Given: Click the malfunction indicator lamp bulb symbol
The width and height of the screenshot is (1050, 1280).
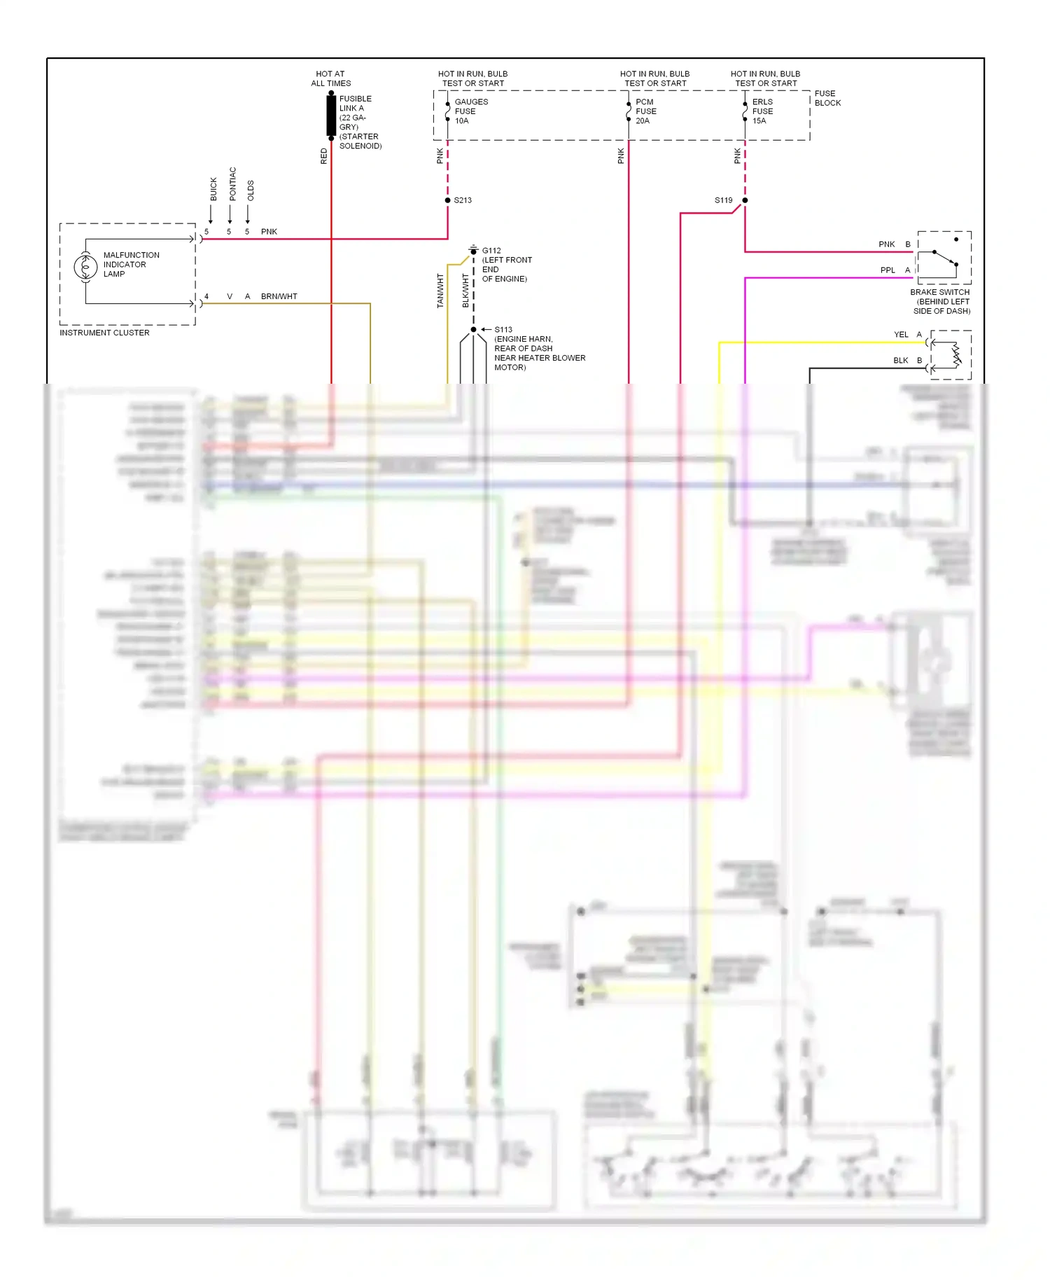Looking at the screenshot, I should click(85, 267).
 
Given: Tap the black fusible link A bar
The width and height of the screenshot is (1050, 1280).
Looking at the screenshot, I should click(331, 115).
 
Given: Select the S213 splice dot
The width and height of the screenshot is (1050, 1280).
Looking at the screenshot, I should click(448, 200).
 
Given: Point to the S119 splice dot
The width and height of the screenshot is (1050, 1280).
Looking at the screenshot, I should click(745, 200).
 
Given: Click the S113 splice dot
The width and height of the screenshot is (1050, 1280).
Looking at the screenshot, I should click(474, 329).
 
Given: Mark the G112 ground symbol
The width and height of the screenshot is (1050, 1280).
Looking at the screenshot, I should click(474, 249).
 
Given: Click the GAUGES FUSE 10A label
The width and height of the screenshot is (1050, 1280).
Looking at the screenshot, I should click(471, 111).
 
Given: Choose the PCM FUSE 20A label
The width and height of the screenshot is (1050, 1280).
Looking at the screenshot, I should click(645, 111).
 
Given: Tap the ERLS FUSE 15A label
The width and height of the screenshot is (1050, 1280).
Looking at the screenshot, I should click(762, 111).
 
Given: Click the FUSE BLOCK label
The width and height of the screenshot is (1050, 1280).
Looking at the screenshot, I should click(827, 98).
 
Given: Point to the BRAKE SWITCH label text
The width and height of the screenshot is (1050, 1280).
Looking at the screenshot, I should click(940, 292).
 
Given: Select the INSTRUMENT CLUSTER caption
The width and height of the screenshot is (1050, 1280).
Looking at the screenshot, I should click(104, 333).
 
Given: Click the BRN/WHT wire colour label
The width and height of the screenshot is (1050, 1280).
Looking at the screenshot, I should click(279, 297).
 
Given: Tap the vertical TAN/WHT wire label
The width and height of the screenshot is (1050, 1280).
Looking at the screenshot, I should click(440, 291).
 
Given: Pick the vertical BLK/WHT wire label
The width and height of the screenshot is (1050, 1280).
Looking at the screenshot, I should click(465, 291).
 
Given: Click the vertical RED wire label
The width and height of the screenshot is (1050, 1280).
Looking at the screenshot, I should click(323, 156).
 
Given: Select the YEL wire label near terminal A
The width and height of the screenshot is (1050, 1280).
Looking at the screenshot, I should click(901, 335).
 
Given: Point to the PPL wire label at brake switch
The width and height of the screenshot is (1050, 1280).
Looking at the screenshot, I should click(888, 270).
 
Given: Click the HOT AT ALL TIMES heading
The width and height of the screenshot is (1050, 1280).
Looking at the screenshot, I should click(330, 78).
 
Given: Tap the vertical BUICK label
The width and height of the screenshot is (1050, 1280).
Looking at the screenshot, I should click(213, 189).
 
